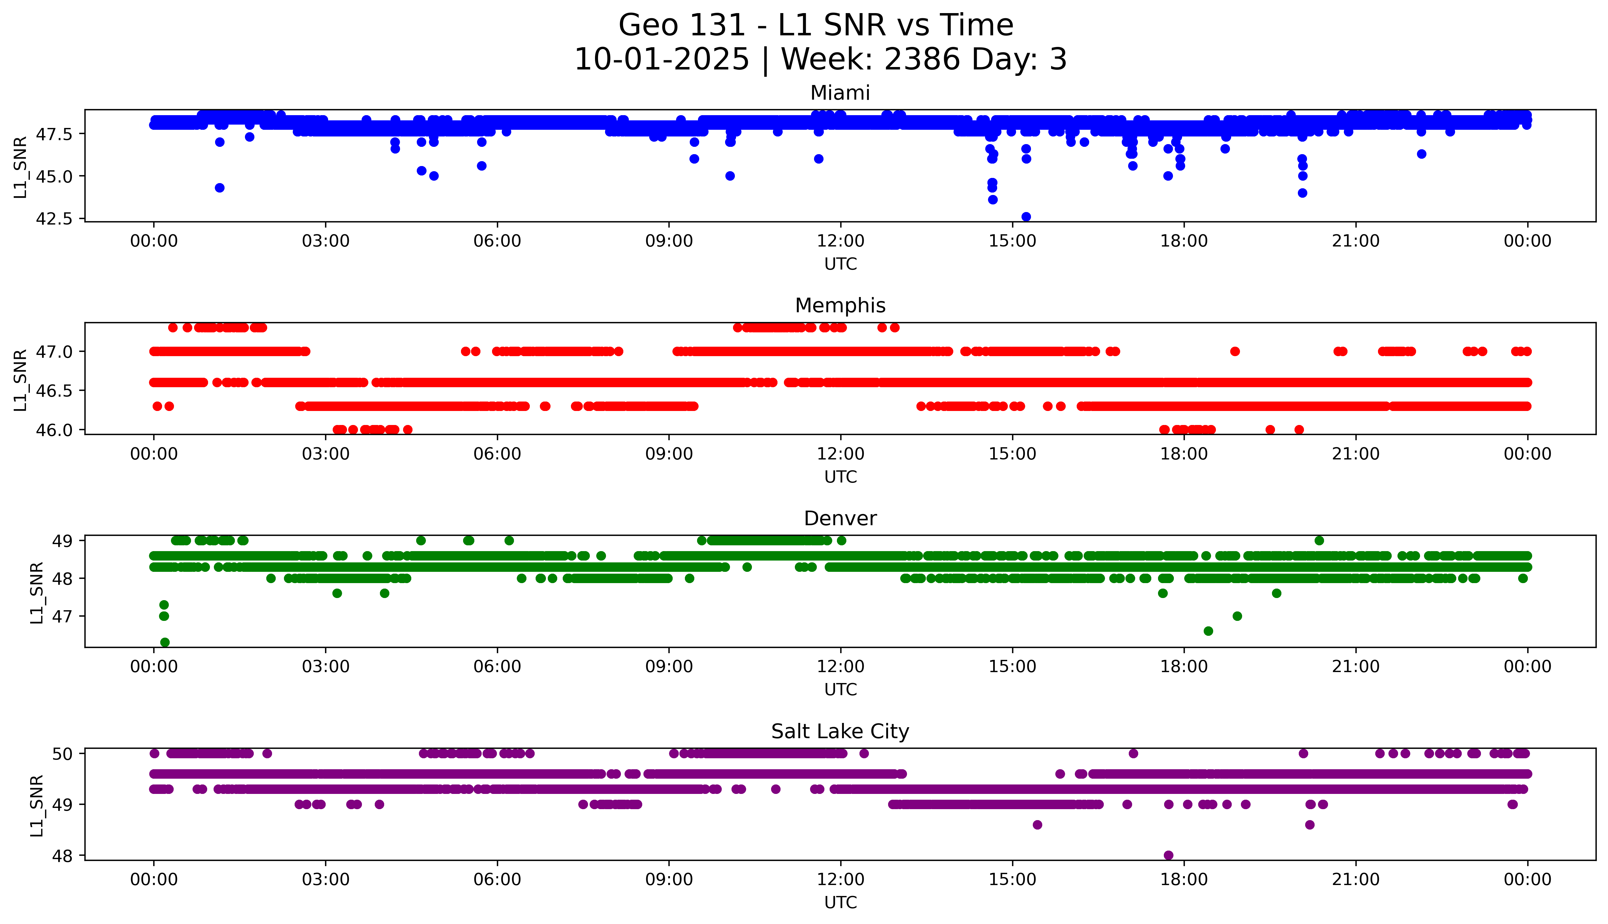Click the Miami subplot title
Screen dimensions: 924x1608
tap(840, 93)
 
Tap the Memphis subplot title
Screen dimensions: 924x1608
tap(840, 306)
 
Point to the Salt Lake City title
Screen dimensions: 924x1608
tap(840, 732)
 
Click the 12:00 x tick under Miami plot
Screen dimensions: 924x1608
tap(841, 241)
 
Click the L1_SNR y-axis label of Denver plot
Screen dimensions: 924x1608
tap(37, 592)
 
